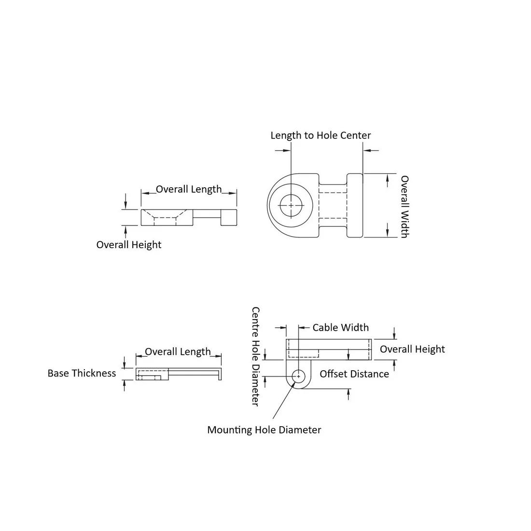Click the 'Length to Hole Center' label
click(x=321, y=136)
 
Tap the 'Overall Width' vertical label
click(x=405, y=207)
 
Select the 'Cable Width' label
click(x=340, y=327)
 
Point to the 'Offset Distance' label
click(x=354, y=374)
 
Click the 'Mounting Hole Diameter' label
click(x=264, y=430)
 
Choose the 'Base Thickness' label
click(x=82, y=373)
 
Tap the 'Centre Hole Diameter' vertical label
click(x=256, y=357)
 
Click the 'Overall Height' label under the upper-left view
click(x=129, y=245)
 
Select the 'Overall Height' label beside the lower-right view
click(x=412, y=349)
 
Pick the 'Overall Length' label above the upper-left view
click(x=189, y=189)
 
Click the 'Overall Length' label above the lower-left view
click(x=178, y=351)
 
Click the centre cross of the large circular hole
click(x=291, y=205)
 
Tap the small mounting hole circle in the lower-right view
click(x=298, y=376)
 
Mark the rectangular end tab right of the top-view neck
click(x=355, y=205)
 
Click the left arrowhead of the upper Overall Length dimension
click(x=145, y=194)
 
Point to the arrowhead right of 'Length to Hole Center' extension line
click(x=367, y=150)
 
